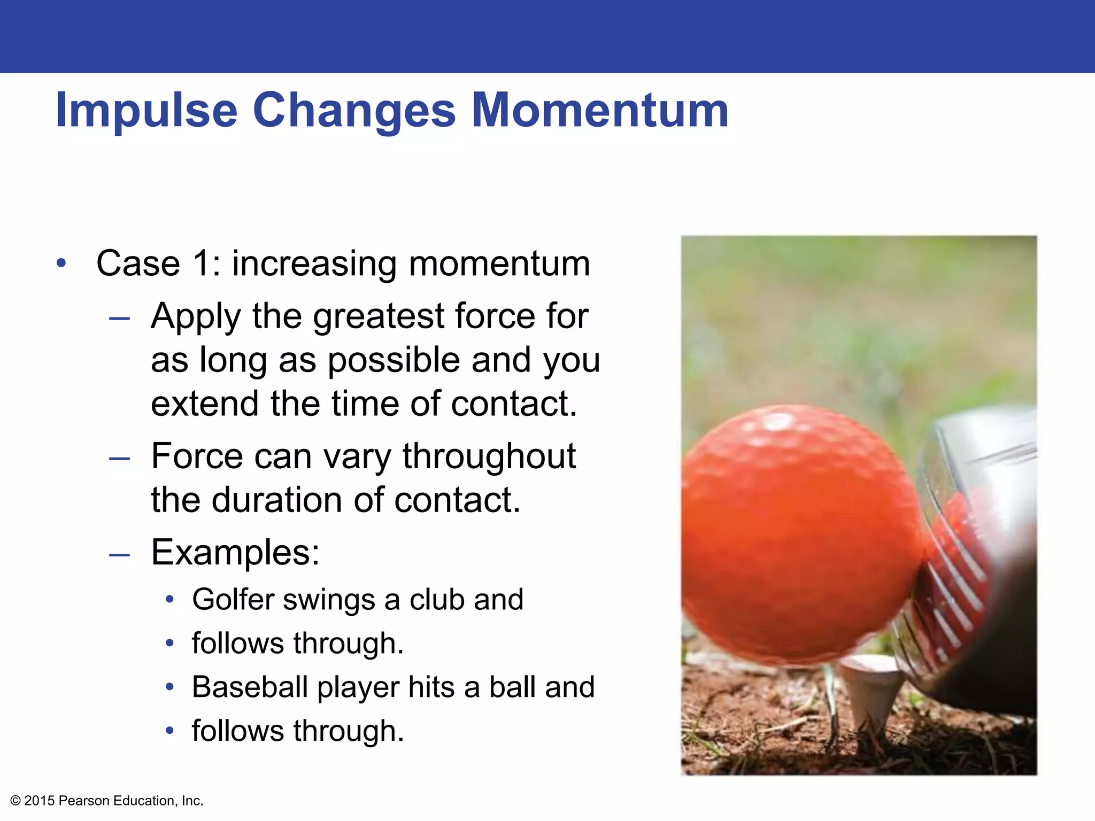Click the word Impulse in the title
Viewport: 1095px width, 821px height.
[146, 111]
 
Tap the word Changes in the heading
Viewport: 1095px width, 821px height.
[353, 111]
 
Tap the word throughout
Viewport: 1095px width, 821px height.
[489, 456]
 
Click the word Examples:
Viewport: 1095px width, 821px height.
[235, 552]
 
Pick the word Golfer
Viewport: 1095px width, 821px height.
[233, 600]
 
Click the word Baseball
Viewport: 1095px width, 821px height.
[250, 687]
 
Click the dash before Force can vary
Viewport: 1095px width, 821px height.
[119, 459]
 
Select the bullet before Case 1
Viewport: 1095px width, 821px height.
[62, 263]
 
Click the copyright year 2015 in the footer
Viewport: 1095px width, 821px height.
[40, 801]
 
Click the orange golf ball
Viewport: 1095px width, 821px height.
[797, 535]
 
